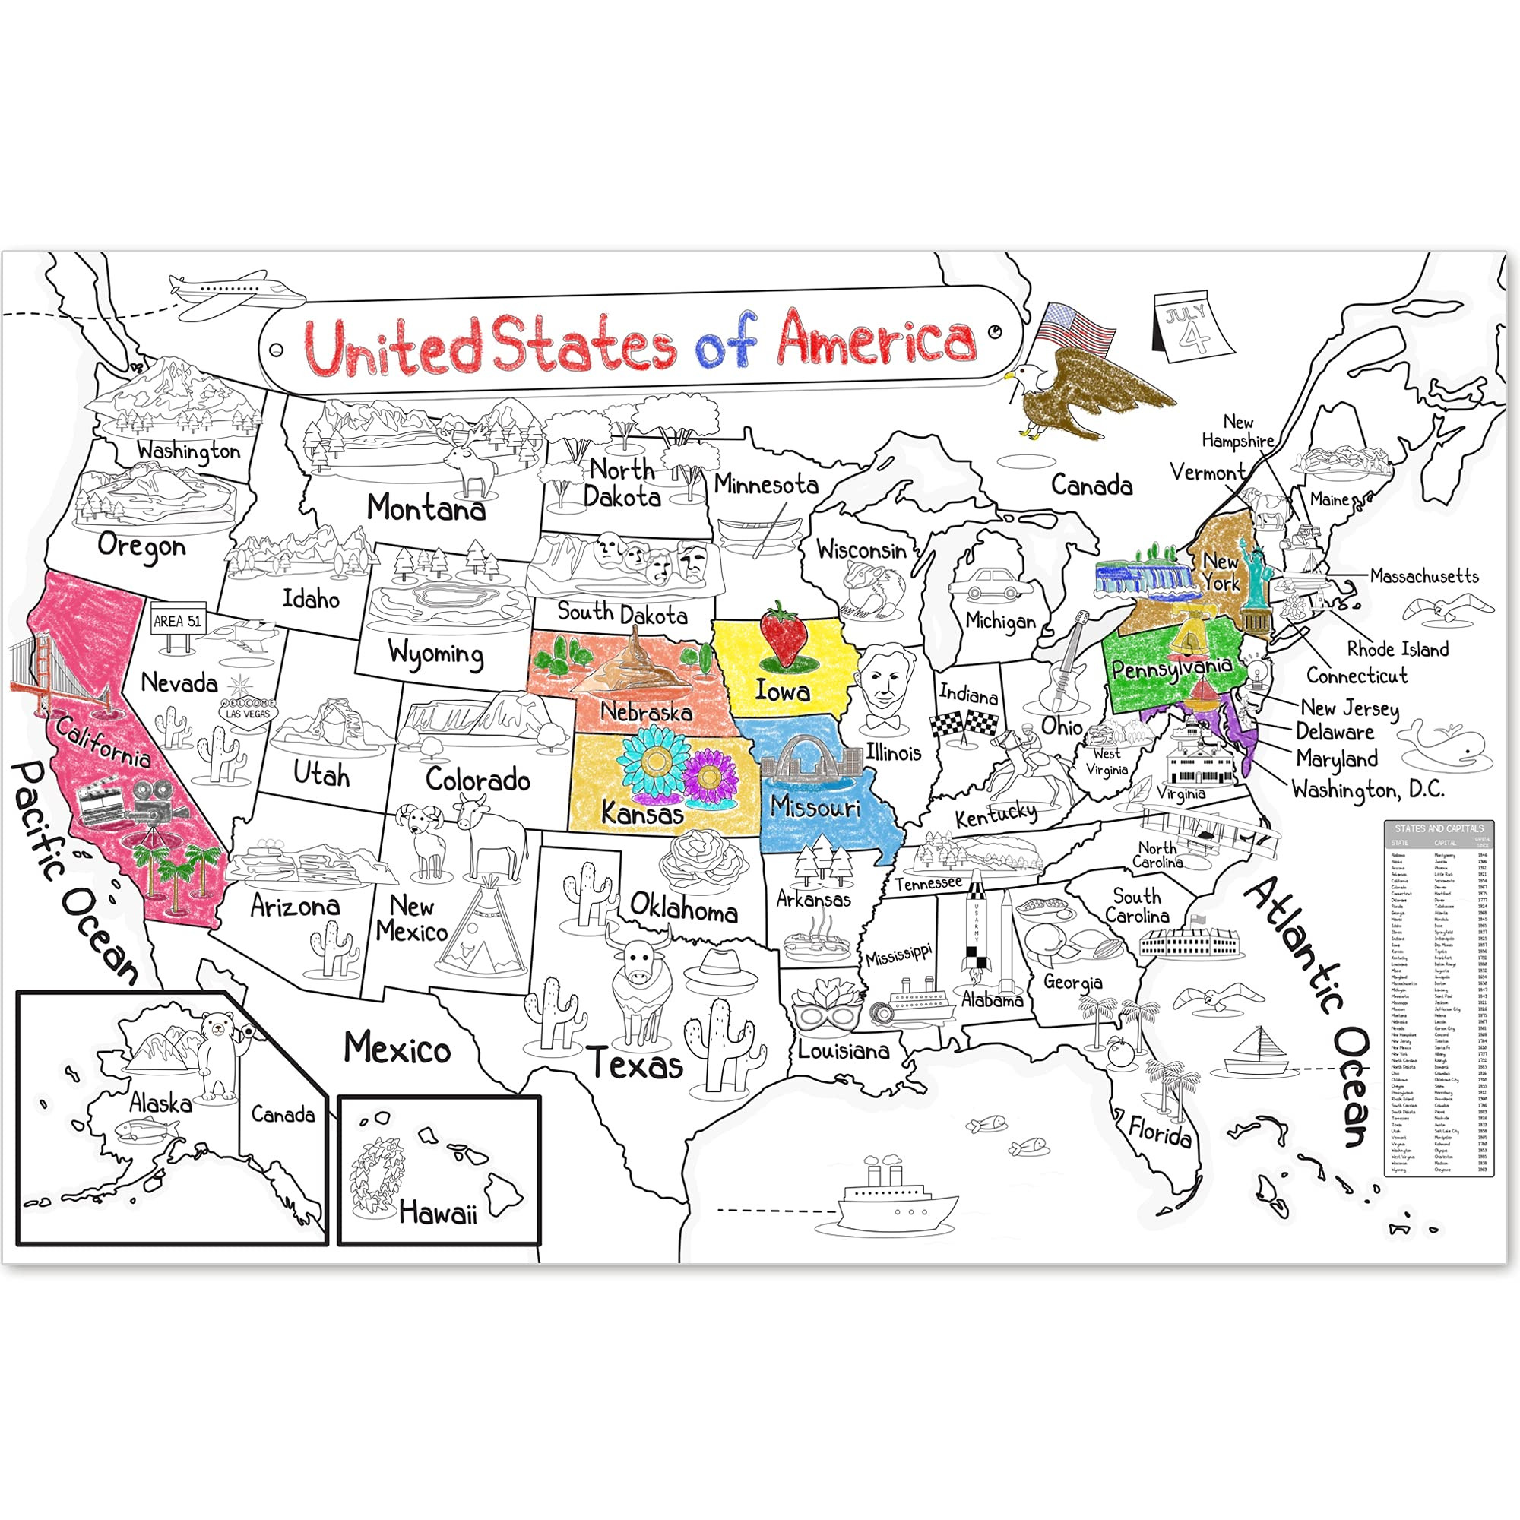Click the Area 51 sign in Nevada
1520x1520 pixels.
(x=178, y=622)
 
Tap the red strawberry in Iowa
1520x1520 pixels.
(x=783, y=635)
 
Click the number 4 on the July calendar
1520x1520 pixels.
(x=1194, y=337)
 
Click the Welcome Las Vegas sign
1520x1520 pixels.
(x=248, y=711)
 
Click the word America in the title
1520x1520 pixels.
(x=876, y=340)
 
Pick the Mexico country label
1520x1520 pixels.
(x=397, y=1048)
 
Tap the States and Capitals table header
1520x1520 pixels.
(x=1439, y=828)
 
